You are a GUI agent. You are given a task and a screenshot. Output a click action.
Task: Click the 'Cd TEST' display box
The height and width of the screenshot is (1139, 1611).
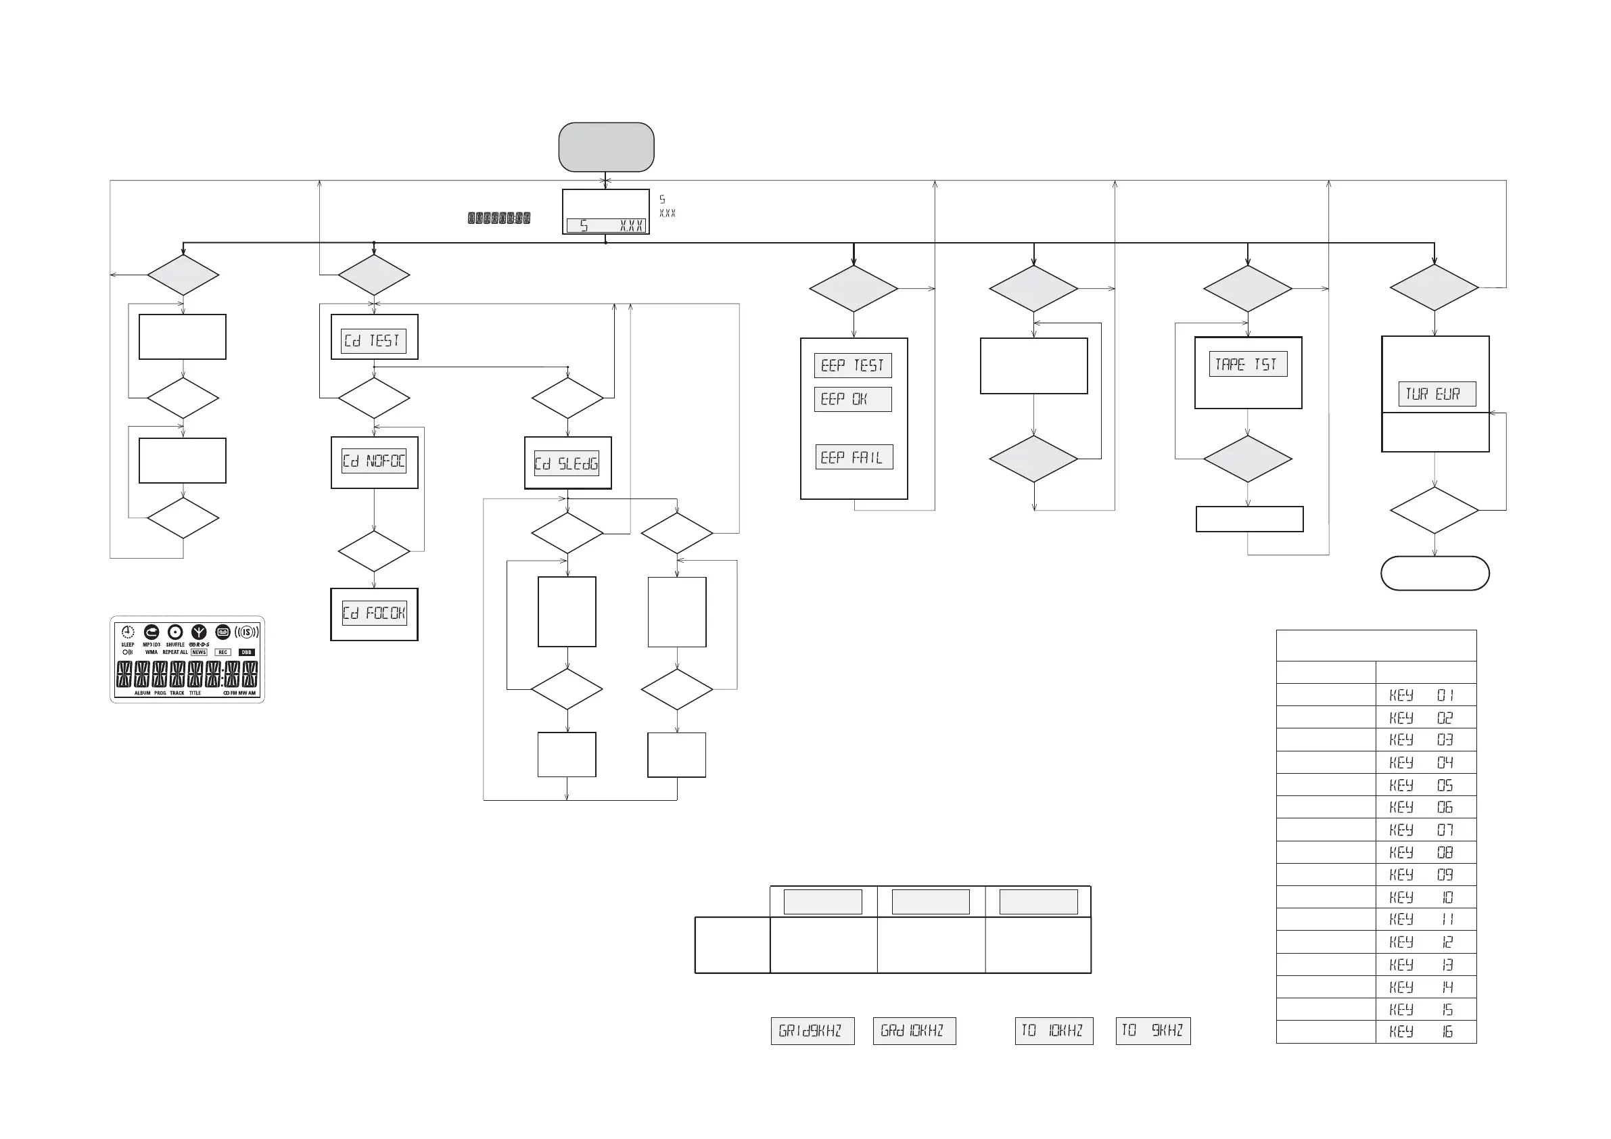[373, 341]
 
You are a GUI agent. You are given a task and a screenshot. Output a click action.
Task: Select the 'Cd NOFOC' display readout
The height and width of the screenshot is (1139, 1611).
[374, 461]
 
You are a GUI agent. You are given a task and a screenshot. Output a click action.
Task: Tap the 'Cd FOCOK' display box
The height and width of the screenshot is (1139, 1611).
[374, 613]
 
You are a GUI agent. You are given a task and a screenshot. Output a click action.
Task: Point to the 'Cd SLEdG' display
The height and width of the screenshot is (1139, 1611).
[566, 463]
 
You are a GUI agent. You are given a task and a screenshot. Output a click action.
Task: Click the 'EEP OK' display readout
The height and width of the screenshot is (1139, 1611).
[853, 399]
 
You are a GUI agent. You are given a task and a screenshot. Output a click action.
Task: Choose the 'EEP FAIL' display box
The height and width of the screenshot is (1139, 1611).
[854, 458]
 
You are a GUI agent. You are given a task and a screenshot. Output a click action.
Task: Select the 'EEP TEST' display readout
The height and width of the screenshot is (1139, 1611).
[853, 366]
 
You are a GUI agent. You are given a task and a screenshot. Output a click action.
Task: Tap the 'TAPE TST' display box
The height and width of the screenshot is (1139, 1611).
[1248, 365]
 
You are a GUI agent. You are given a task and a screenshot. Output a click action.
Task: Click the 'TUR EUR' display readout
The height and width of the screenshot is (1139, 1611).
[1437, 394]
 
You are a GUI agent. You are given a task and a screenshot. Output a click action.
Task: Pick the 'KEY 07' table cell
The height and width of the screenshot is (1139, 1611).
[1425, 829]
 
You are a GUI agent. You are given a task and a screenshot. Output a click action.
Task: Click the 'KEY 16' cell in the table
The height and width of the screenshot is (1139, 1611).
[1425, 1031]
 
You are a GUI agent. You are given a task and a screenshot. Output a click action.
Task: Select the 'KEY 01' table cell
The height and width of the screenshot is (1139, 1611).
[1425, 695]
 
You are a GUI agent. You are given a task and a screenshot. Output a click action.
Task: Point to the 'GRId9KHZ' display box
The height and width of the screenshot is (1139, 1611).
[812, 1031]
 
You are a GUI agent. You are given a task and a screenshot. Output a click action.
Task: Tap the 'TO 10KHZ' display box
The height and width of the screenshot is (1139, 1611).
[1053, 1031]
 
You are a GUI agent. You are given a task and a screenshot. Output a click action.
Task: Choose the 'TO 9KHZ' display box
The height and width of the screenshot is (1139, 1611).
[1153, 1031]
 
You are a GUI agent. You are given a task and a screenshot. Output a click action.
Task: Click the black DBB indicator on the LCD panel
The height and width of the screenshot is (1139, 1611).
[246, 652]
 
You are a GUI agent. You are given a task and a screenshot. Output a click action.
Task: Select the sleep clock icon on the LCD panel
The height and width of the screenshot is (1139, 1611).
[128, 632]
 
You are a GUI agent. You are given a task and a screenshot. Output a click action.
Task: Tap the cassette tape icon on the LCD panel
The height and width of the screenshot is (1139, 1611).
[223, 632]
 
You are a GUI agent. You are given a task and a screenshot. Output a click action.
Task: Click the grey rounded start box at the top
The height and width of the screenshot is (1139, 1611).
[606, 147]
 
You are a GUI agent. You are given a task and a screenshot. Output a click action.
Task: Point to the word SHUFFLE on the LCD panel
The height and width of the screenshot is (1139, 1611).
[175, 645]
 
